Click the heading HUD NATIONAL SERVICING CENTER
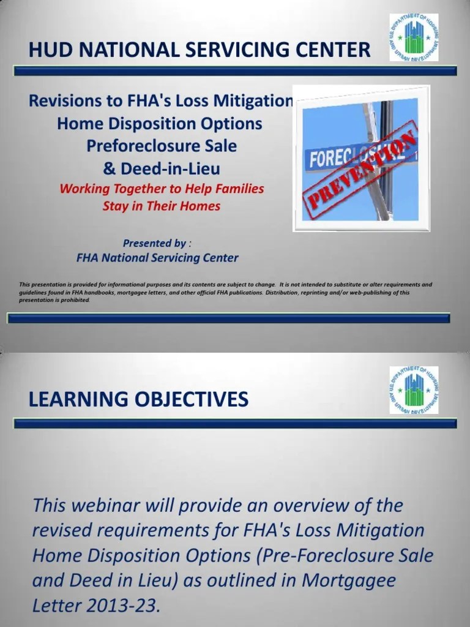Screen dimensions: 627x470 (200, 49)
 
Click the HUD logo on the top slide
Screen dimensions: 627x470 (414, 38)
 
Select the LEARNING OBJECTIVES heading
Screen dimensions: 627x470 (138, 400)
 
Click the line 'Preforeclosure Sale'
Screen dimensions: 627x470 (161, 146)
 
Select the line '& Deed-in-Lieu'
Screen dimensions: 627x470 (161, 168)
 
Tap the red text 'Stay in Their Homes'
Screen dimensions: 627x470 (161, 206)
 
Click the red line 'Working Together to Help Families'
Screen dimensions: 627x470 (162, 188)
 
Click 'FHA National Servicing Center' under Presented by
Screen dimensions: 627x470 (157, 258)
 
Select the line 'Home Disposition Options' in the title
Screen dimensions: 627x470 (159, 124)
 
